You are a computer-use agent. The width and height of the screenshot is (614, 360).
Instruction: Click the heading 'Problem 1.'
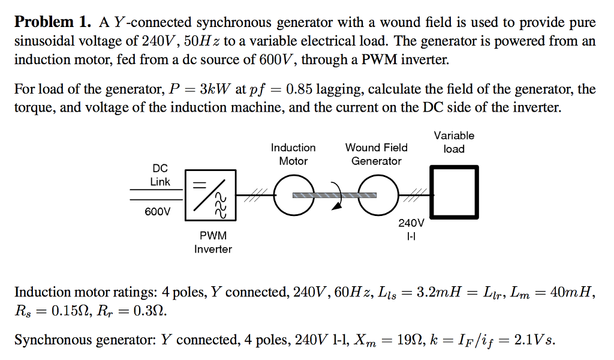click(53, 23)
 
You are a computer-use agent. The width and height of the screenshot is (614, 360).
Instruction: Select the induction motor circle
click(293, 196)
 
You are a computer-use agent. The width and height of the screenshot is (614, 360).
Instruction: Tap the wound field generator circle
click(376, 196)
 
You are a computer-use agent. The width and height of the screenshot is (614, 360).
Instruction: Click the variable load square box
click(454, 192)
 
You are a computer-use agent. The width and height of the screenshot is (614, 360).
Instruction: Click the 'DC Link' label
click(159, 175)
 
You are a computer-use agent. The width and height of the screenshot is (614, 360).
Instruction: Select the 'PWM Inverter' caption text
click(213, 242)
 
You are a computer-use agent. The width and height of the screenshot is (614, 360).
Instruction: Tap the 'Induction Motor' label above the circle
click(293, 154)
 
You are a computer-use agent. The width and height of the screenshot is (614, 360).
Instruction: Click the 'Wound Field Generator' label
click(376, 154)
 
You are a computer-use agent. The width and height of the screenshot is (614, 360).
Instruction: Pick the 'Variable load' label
click(454, 142)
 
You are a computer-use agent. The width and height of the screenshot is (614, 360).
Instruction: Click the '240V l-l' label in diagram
click(411, 230)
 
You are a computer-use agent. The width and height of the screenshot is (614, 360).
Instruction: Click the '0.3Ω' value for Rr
click(148, 312)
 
